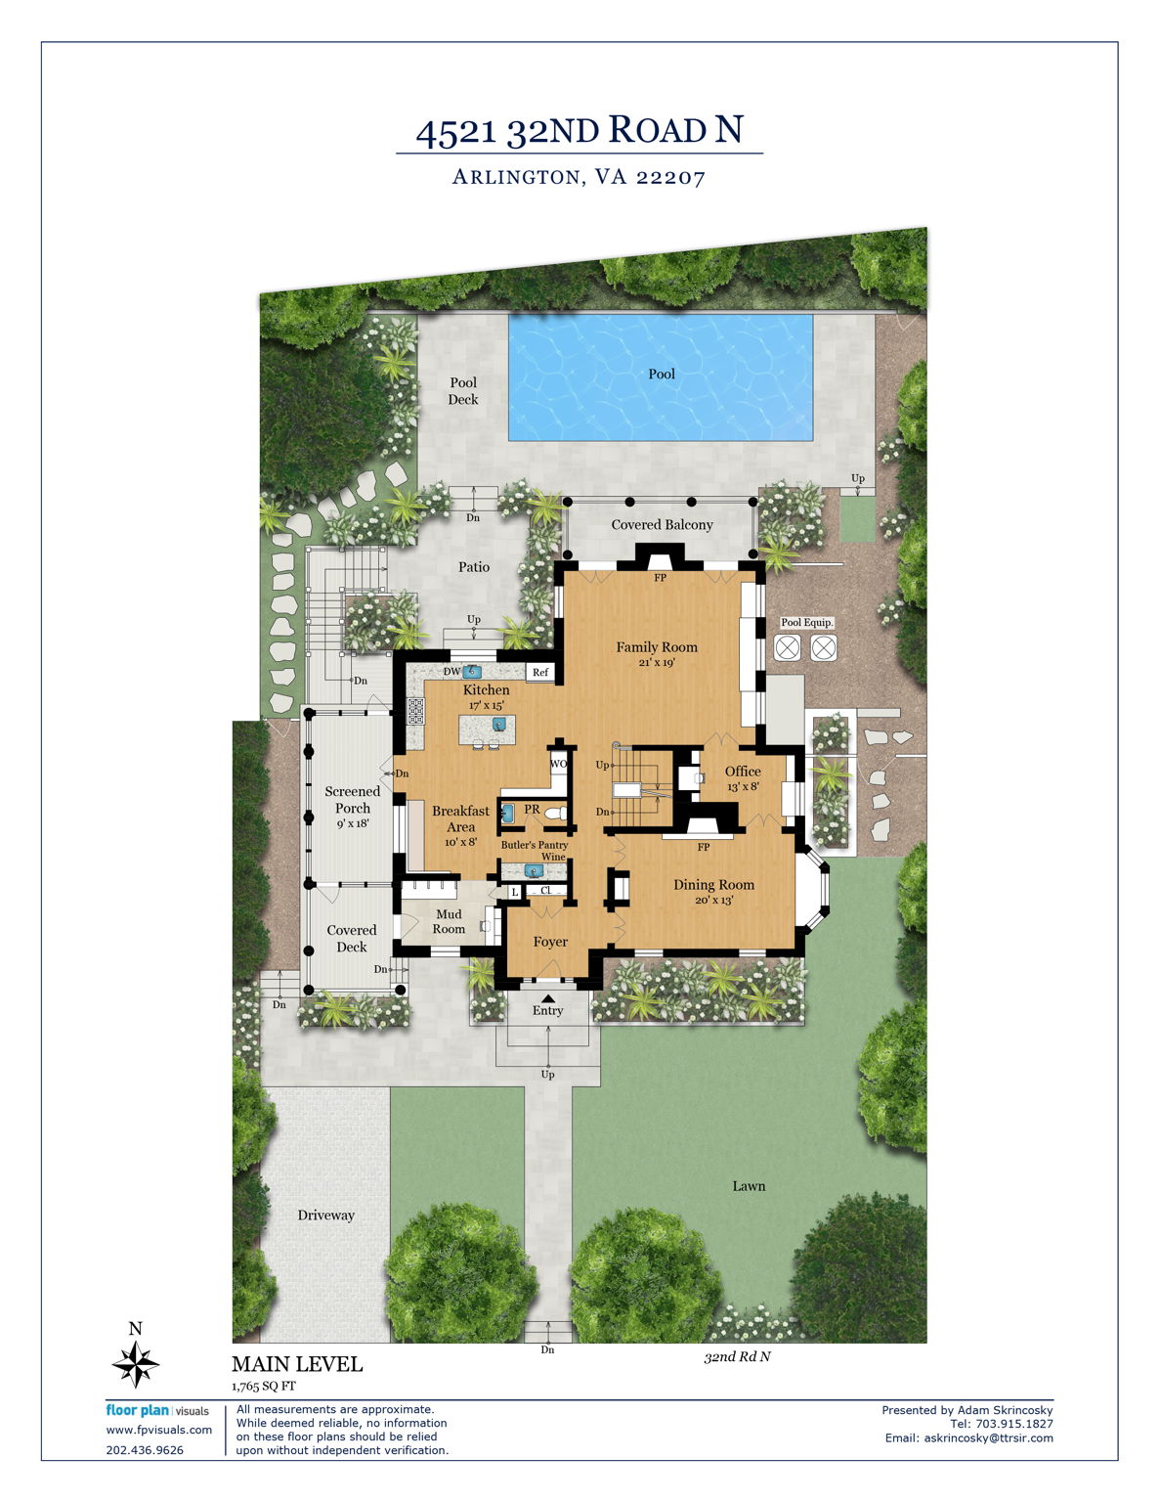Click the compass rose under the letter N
(x=135, y=1364)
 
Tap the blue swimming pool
(x=660, y=377)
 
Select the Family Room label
(x=657, y=647)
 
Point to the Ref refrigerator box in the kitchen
(x=540, y=672)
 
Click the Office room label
(x=743, y=772)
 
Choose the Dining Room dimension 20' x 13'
(x=714, y=900)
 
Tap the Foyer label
(x=550, y=942)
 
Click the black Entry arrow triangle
(x=547, y=998)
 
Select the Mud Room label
(x=449, y=921)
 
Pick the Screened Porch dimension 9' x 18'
(x=353, y=823)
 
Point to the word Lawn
(x=749, y=1186)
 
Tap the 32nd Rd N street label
(x=738, y=1356)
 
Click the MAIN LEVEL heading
(x=297, y=1364)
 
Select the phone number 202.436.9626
(x=145, y=1450)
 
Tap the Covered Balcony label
(x=663, y=525)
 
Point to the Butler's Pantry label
(x=535, y=845)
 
